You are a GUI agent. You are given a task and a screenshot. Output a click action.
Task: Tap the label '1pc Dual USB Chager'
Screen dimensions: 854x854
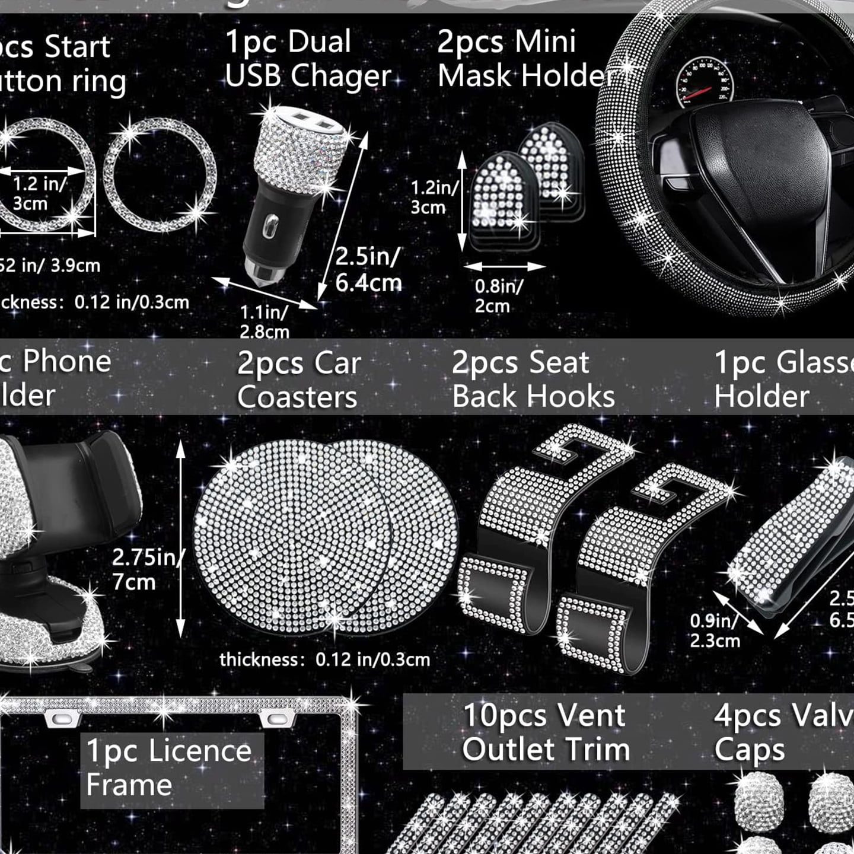tap(307, 59)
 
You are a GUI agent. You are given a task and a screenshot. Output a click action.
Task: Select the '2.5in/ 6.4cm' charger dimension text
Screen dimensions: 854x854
tap(368, 270)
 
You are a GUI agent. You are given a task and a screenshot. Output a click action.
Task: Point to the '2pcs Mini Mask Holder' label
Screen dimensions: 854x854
tap(525, 59)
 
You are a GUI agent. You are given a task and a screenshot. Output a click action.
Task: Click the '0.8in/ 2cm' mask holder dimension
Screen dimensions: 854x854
tap(498, 296)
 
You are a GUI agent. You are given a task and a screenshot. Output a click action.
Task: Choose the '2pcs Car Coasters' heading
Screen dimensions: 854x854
tap(298, 380)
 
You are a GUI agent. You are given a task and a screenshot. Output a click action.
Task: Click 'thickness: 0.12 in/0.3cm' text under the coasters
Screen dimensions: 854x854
tap(324, 659)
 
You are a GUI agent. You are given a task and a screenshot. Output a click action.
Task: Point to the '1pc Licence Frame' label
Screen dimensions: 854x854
tap(170, 768)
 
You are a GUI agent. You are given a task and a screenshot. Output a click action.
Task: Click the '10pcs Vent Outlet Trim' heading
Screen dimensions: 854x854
tap(545, 732)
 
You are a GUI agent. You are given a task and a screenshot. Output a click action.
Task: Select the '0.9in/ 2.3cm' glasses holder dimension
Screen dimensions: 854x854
tap(715, 630)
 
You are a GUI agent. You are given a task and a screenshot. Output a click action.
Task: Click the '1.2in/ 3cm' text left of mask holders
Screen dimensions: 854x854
tap(434, 197)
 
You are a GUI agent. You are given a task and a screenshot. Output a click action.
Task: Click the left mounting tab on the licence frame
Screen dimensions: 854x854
tap(63, 719)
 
